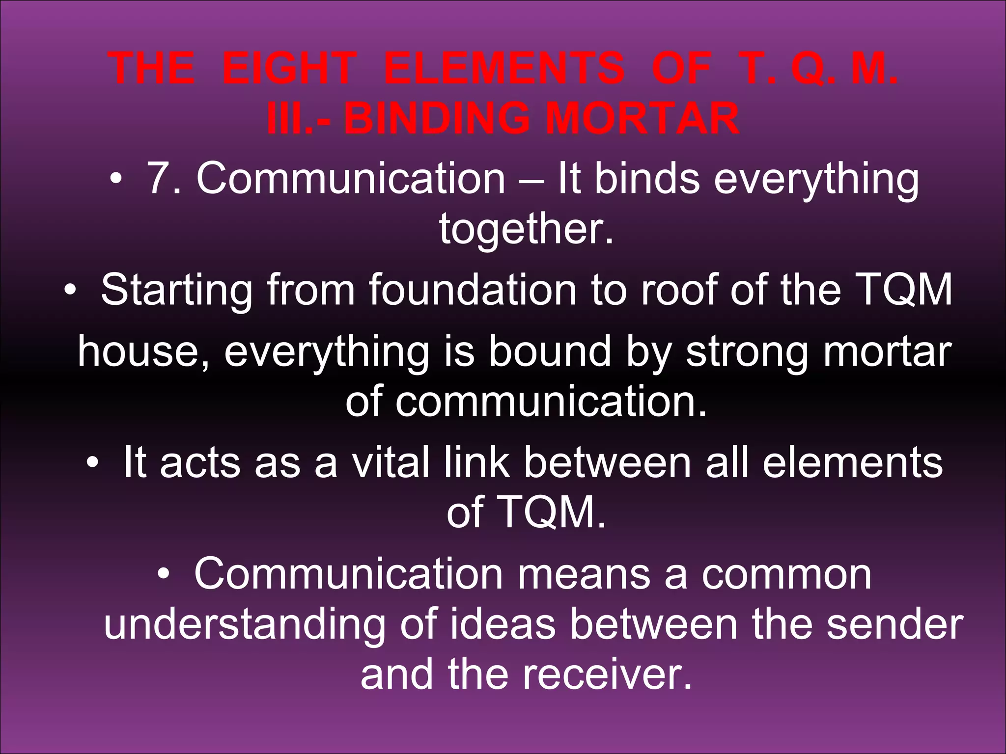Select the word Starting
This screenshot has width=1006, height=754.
pyautogui.click(x=176, y=290)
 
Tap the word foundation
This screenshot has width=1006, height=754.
pyautogui.click(x=472, y=290)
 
